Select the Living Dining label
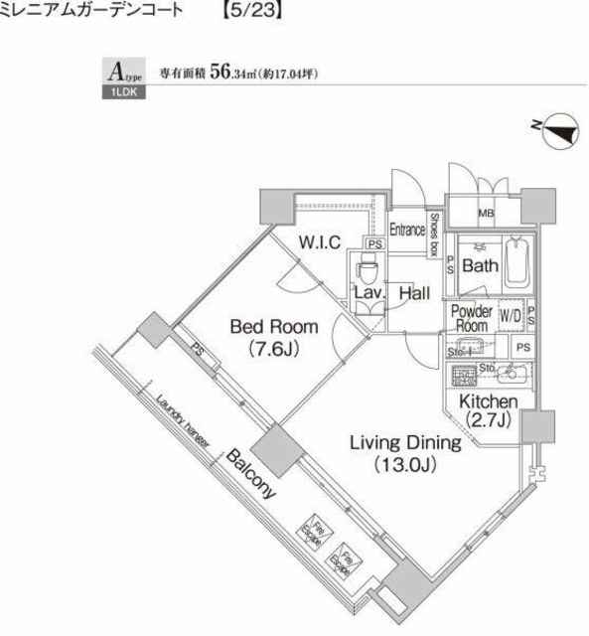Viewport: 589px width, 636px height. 403,453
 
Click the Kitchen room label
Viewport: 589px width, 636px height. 489,410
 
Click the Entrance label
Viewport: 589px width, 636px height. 407,230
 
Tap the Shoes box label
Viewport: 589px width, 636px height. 434,235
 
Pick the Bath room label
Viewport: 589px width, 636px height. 480,266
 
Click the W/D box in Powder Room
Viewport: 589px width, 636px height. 512,315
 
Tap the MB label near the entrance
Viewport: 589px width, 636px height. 487,213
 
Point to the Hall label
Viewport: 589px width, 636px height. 414,294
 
